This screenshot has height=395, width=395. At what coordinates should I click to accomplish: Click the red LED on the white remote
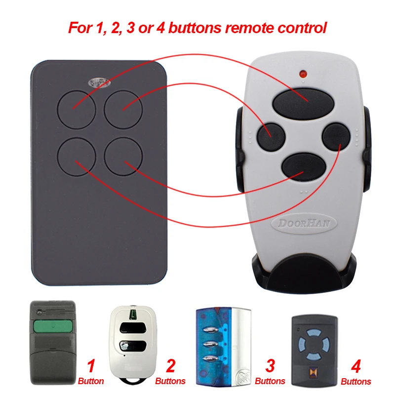point(302,75)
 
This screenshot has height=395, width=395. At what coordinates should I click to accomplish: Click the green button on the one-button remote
point(52,327)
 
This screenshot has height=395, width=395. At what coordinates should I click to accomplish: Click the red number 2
point(170,366)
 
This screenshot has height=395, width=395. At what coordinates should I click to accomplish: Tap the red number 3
point(270,366)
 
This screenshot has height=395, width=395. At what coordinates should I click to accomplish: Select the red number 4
point(355,366)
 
